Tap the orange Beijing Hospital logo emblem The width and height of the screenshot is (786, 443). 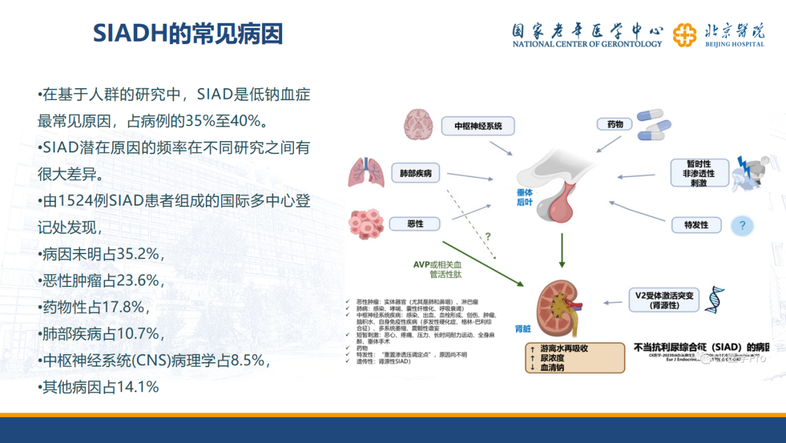click(684, 35)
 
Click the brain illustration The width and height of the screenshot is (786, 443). click(422, 124)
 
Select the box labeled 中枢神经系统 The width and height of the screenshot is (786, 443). click(478, 126)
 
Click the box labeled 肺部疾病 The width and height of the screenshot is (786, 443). click(416, 173)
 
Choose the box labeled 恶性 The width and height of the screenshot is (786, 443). click(415, 224)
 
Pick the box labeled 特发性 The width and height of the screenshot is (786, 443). click(696, 225)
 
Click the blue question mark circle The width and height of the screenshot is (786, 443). click(743, 226)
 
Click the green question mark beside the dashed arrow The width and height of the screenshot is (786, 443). click(488, 236)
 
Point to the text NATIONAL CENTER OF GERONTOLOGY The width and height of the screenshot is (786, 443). click(586, 44)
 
